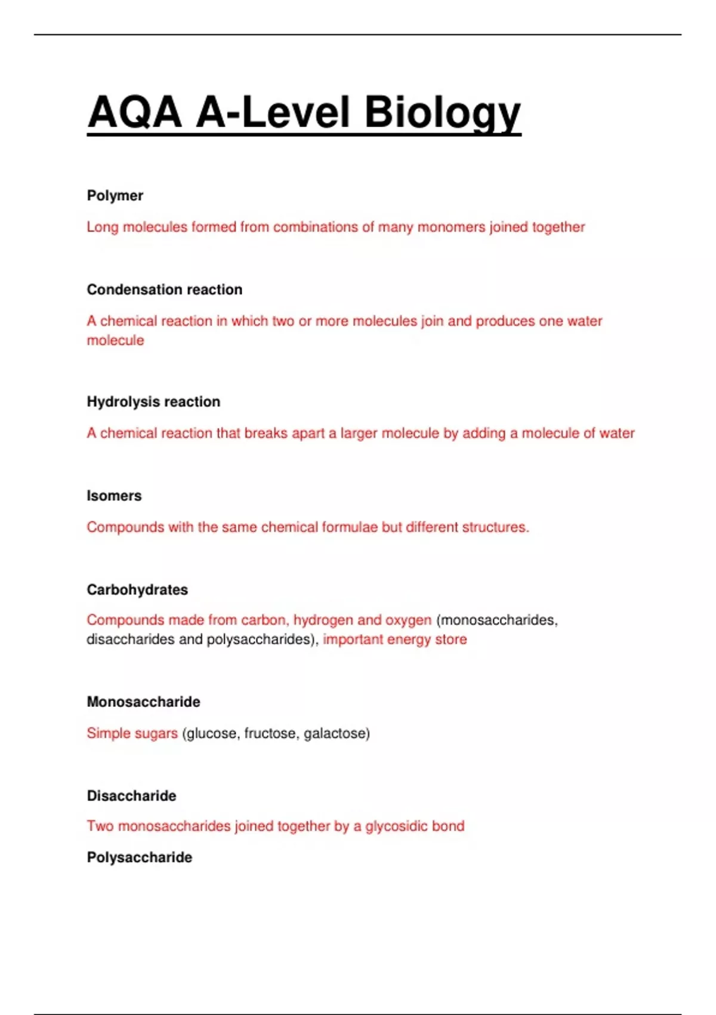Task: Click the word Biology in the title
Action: point(442,112)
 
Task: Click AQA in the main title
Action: point(135,112)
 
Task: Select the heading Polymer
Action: point(115,196)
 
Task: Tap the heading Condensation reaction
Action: point(165,290)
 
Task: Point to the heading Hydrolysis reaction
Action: point(153,402)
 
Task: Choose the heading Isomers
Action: point(114,496)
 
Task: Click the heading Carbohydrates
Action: point(137,590)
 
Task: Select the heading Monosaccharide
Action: point(143,702)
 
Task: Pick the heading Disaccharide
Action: point(131,796)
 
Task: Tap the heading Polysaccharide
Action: point(140,857)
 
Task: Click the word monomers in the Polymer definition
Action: point(451,227)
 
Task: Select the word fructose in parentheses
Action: point(270,733)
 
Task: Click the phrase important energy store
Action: point(395,639)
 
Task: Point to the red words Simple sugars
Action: point(132,733)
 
